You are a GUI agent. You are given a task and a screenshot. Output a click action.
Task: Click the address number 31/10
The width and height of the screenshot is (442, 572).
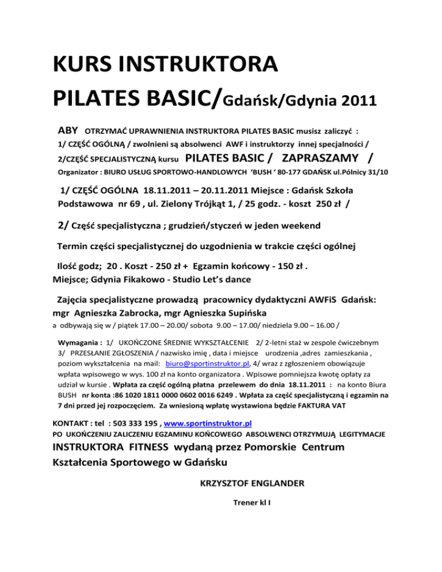(x=377, y=171)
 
